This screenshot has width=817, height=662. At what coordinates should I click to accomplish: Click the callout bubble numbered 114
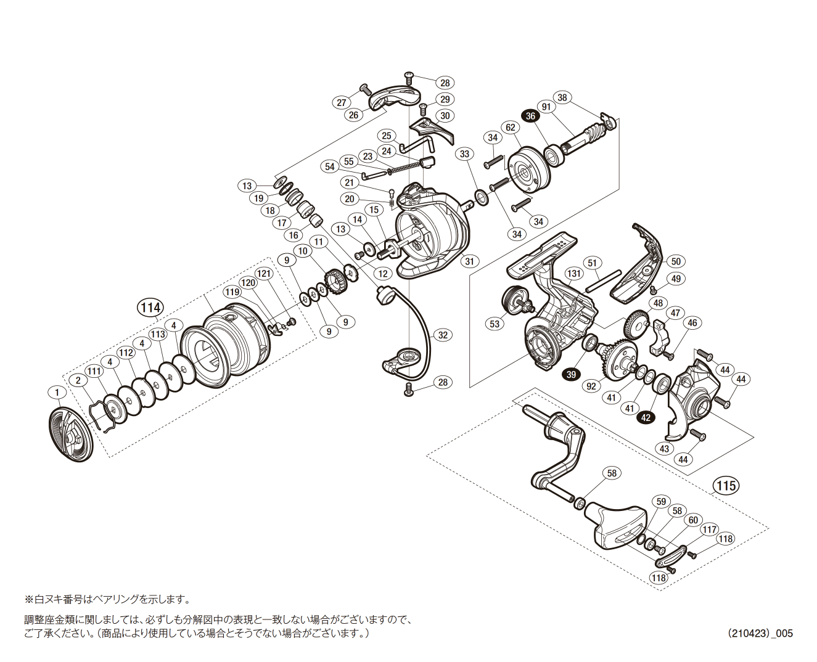(x=150, y=308)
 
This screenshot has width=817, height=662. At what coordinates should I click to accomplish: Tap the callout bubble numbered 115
(x=726, y=486)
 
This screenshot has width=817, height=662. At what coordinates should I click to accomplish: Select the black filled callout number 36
(x=530, y=115)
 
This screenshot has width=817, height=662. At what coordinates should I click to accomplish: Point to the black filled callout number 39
(x=571, y=374)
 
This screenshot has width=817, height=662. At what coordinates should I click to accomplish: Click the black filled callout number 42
(x=646, y=417)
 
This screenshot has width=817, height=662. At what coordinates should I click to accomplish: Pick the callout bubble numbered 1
(x=57, y=393)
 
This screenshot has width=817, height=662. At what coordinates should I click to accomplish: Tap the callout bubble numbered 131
(x=573, y=274)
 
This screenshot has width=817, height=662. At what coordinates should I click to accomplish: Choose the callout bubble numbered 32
(x=443, y=335)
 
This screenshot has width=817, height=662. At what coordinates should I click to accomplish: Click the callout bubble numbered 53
(x=495, y=323)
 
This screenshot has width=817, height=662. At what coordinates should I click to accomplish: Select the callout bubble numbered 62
(x=510, y=128)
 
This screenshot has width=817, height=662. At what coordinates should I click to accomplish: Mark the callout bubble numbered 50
(x=675, y=261)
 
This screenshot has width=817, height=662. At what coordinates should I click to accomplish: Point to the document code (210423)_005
(x=760, y=633)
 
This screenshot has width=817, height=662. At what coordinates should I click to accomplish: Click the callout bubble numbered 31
(x=470, y=261)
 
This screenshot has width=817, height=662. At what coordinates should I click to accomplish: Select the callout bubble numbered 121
(x=264, y=274)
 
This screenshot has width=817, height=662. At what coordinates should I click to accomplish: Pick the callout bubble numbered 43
(x=664, y=448)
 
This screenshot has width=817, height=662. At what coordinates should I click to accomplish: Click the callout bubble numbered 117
(x=710, y=529)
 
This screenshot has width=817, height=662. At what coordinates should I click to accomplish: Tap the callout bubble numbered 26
(x=353, y=115)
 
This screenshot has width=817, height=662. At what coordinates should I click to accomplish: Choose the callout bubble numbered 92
(x=592, y=386)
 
